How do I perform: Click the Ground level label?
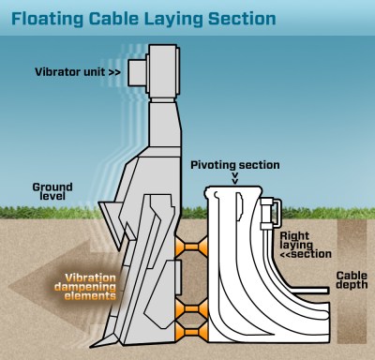pos(52,193)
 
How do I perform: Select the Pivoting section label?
pos(234,165)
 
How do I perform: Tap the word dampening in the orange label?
pos(96,287)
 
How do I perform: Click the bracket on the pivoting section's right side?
pos(269,214)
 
